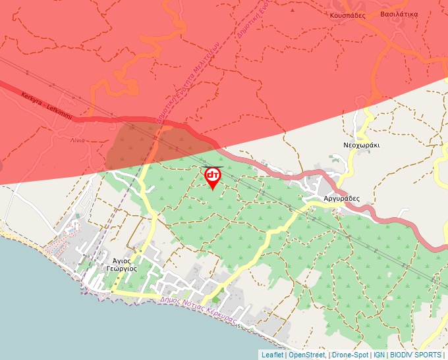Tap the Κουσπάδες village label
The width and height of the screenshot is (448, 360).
(x=348, y=14)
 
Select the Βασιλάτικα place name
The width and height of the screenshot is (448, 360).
(x=399, y=13)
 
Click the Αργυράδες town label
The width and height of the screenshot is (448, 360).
(x=341, y=197)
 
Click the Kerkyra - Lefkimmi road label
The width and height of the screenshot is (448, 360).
(x=46, y=105)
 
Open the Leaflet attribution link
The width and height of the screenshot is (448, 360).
(x=273, y=355)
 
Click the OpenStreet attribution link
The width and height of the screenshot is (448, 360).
(x=307, y=355)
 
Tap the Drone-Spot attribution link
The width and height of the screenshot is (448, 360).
(x=350, y=355)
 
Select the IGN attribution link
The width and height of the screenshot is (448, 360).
(x=379, y=355)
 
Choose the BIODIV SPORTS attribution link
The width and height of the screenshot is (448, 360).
(x=416, y=355)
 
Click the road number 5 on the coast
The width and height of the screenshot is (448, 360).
(x=238, y=325)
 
